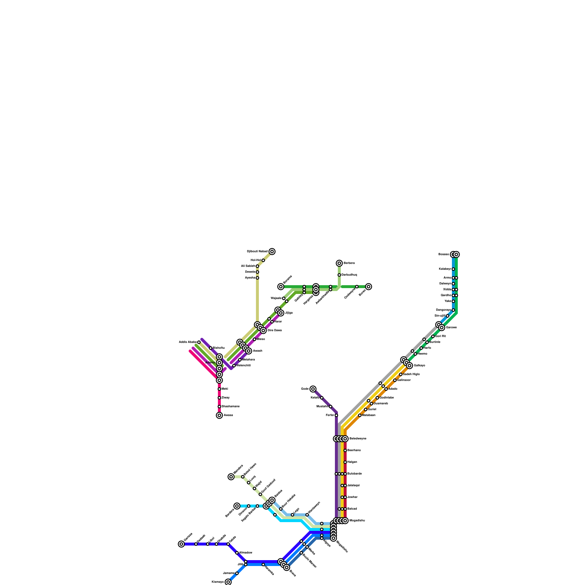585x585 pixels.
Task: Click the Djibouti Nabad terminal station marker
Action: (x=272, y=252)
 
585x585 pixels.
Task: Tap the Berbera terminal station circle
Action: (x=339, y=263)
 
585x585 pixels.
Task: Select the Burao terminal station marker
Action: (x=369, y=287)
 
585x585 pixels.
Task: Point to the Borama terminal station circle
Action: (x=280, y=287)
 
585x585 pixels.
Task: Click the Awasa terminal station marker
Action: (x=219, y=415)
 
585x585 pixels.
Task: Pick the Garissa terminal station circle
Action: (x=181, y=544)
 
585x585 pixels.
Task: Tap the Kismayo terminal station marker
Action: (x=228, y=582)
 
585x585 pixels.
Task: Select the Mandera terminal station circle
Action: (x=231, y=477)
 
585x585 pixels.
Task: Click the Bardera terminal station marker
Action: (x=237, y=506)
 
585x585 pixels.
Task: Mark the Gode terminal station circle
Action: (x=313, y=389)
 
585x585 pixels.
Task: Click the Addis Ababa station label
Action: (x=188, y=342)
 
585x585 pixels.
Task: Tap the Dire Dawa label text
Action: (x=275, y=331)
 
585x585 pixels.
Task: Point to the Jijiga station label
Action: (x=289, y=313)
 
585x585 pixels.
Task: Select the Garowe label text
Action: (x=451, y=328)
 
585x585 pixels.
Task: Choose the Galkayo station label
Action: (x=419, y=366)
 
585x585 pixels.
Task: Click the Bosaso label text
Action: (x=444, y=254)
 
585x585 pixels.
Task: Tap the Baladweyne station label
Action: (x=358, y=439)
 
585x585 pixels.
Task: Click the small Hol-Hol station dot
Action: (x=263, y=260)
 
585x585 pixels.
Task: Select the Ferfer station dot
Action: (x=336, y=415)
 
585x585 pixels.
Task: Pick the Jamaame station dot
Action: (x=237, y=573)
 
